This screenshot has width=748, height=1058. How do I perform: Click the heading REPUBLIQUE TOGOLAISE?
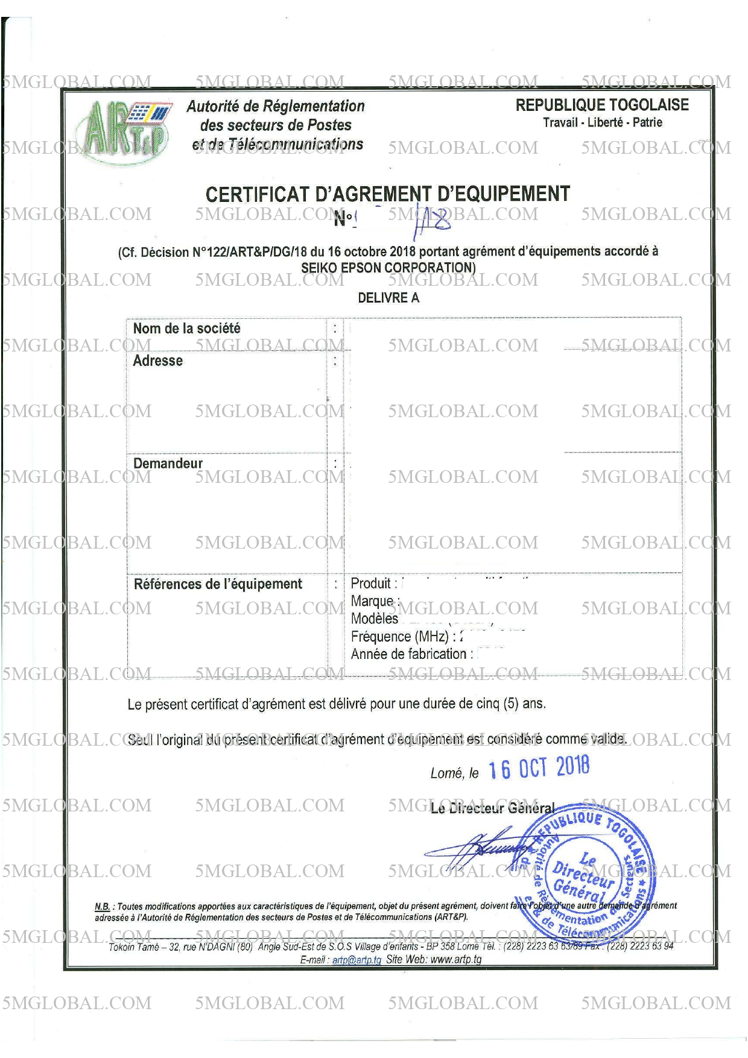click(601, 105)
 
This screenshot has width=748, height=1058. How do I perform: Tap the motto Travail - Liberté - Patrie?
click(602, 122)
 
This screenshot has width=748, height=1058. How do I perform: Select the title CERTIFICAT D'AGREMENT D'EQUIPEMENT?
click(387, 194)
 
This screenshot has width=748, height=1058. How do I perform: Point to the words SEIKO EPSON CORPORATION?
click(388, 268)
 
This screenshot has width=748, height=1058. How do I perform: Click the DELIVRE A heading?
click(388, 298)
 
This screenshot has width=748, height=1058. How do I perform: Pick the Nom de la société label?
click(186, 329)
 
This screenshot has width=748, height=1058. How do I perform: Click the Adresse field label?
click(157, 361)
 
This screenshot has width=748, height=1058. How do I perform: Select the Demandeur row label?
click(168, 463)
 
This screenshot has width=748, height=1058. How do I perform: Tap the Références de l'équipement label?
click(218, 584)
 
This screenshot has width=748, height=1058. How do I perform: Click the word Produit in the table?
click(370, 583)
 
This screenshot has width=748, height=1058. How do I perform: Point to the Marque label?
click(372, 601)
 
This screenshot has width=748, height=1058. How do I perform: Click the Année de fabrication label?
click(408, 654)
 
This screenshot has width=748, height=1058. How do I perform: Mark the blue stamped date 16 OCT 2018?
click(538, 768)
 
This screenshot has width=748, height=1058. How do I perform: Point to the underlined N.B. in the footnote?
click(102, 906)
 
